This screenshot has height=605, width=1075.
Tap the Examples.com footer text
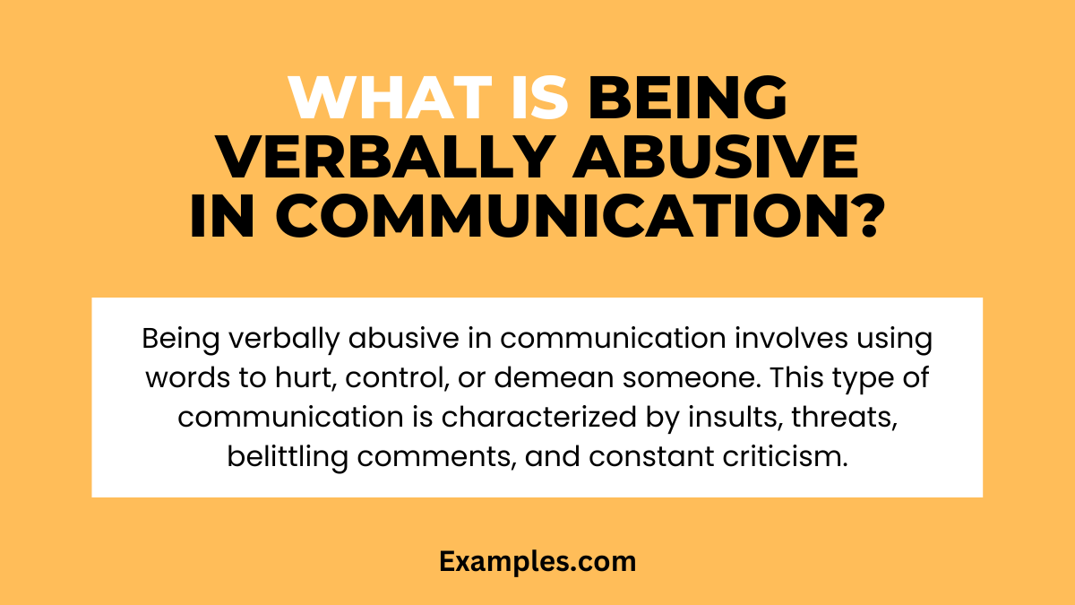click(x=537, y=562)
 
